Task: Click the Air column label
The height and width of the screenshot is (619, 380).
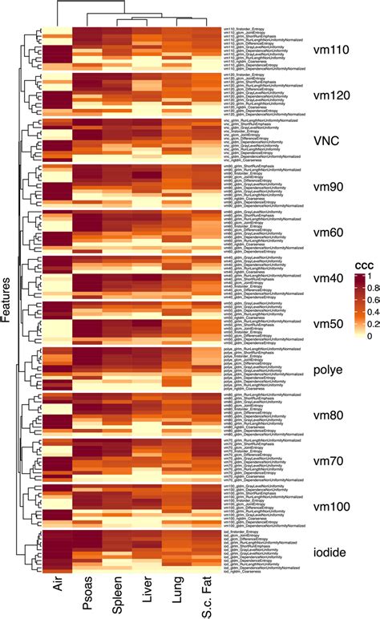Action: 57,596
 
